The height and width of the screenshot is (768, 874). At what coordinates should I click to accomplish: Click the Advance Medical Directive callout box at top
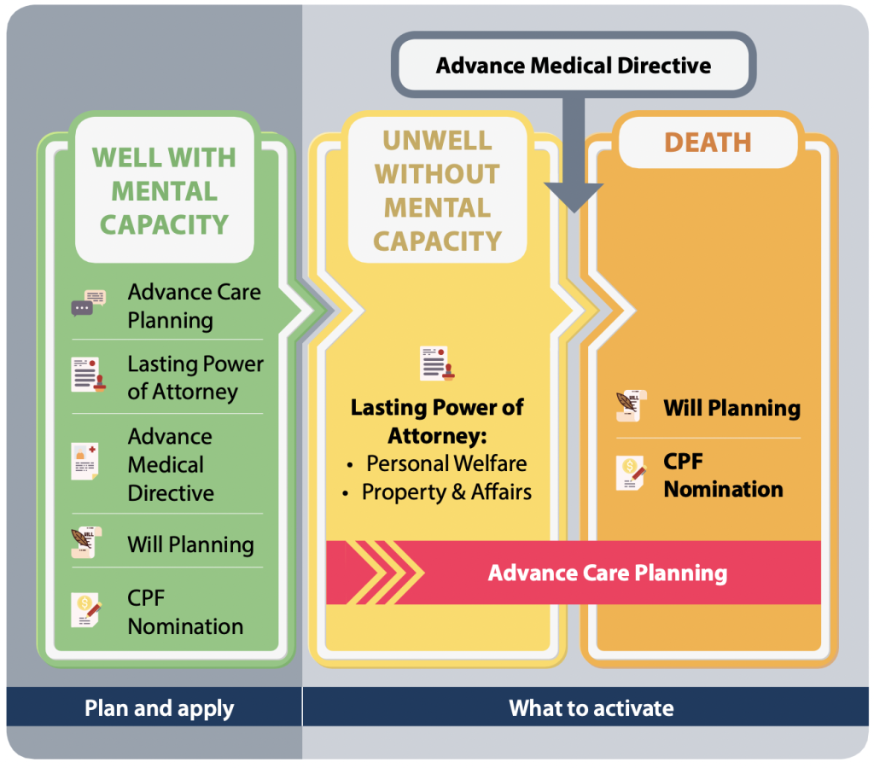click(573, 66)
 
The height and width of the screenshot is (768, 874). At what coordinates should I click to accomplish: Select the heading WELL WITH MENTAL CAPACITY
click(164, 191)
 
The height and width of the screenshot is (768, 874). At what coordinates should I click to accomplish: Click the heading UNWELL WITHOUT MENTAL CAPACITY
click(437, 191)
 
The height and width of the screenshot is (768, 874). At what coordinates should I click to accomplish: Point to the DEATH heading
click(708, 142)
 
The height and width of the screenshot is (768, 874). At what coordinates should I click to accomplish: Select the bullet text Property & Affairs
click(446, 492)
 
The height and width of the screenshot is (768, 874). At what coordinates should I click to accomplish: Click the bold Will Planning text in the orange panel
click(731, 408)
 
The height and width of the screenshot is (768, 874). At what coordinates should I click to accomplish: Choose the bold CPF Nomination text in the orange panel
click(722, 475)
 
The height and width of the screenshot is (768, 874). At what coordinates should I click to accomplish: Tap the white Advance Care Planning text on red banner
click(607, 573)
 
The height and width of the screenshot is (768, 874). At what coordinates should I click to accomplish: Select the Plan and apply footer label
click(159, 707)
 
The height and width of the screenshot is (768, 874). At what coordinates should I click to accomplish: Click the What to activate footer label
click(591, 707)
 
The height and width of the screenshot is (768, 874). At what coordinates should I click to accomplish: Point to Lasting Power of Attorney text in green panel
click(195, 377)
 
